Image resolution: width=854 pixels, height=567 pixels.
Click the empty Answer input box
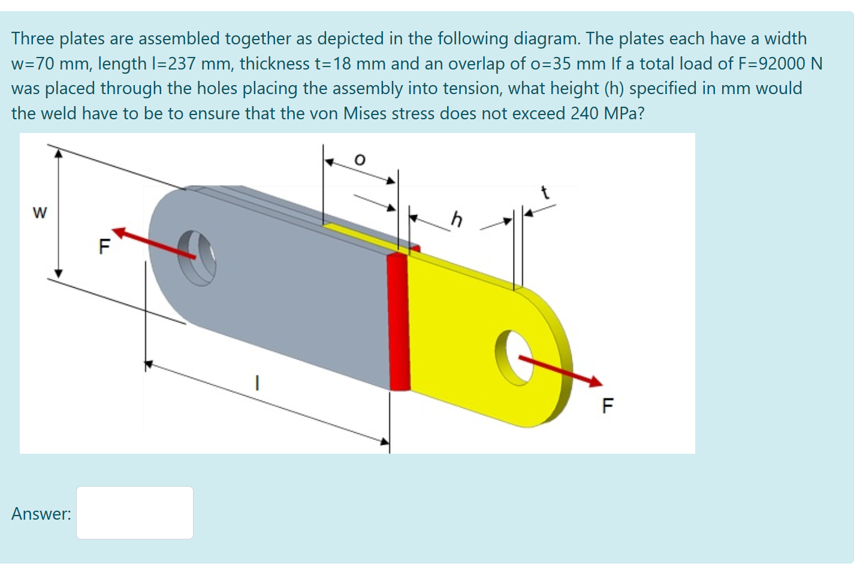[134, 512]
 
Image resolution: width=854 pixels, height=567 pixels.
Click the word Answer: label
[41, 514]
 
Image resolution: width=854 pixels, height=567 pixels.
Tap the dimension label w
[40, 212]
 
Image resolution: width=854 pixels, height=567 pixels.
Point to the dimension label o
[359, 159]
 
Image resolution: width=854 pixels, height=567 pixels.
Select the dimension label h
[457, 219]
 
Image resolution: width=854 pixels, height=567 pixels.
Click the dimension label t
[545, 193]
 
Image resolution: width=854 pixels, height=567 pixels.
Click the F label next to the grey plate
[104, 246]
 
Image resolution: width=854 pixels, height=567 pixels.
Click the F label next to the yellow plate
[607, 406]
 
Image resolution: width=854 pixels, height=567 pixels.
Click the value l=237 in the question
[174, 64]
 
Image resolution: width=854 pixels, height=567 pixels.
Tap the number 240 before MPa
[584, 113]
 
